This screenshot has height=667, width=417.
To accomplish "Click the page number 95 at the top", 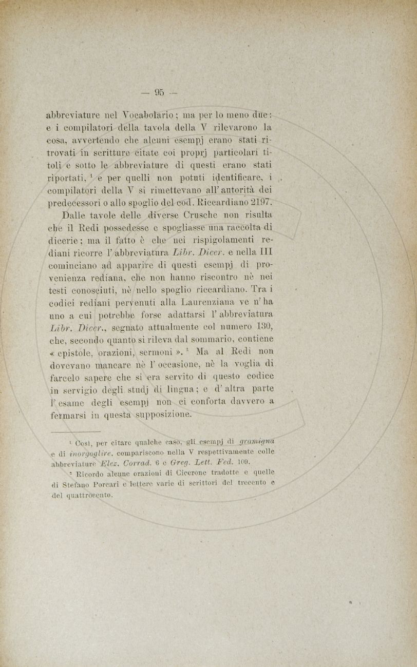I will click(x=158, y=93).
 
